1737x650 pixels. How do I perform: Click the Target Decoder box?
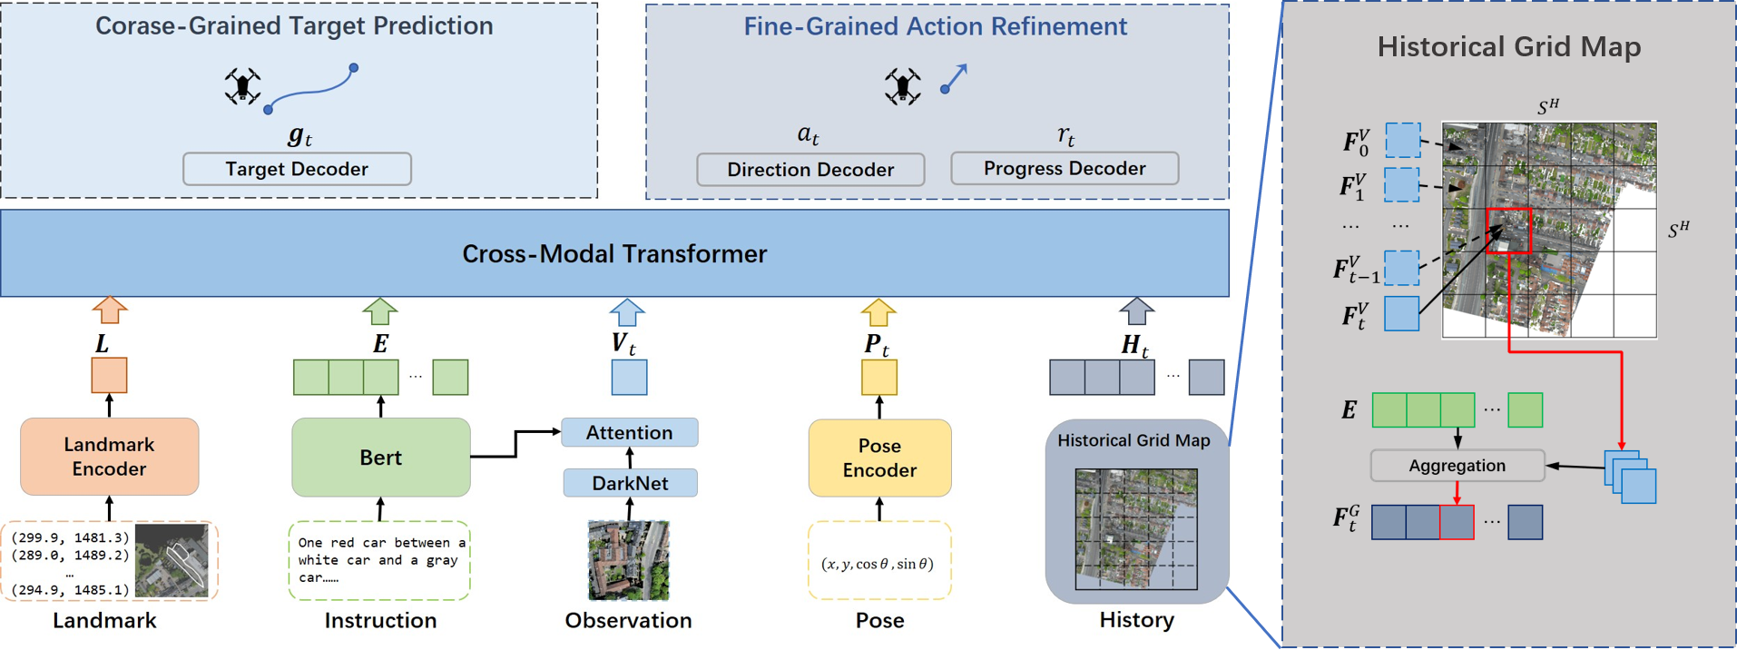[297, 169]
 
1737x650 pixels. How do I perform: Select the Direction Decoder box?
[810, 170]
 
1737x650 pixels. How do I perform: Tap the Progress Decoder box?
[1065, 169]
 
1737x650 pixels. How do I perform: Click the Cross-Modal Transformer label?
[614, 253]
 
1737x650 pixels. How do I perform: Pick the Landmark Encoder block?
[109, 457]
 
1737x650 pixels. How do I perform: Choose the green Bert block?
[380, 458]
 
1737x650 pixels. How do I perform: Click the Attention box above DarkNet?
[629, 433]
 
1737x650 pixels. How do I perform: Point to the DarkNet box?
[630, 483]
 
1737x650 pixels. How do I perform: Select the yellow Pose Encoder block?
[879, 458]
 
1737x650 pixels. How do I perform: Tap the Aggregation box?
[1457, 466]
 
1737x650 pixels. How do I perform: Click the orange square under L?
[109, 376]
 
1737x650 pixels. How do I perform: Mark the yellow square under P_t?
[878, 377]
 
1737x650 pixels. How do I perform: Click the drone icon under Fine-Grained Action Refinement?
[902, 86]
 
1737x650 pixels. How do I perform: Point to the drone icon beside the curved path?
[242, 86]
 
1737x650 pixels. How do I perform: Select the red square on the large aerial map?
[1508, 231]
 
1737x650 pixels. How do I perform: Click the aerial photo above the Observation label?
[628, 560]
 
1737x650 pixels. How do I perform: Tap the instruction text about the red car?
[380, 560]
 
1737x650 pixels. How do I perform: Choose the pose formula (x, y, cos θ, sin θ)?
[878, 564]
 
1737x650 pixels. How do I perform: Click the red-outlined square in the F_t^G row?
[1457, 522]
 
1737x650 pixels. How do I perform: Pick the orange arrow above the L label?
[110, 310]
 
